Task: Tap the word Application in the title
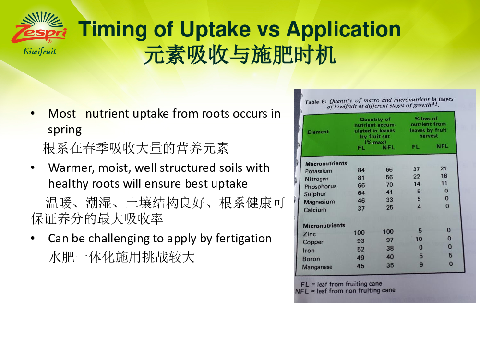point(343,30)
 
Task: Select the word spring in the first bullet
point(65,130)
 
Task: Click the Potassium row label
point(318,171)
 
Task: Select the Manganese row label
point(317,267)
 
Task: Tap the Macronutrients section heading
point(326,164)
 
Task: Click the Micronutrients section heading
point(324,226)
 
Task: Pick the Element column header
point(318,132)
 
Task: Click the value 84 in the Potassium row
point(361,170)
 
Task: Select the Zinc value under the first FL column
point(359,233)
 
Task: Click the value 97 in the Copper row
point(389,240)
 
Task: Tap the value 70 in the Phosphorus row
point(389,185)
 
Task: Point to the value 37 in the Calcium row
point(361,208)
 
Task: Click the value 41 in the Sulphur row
point(389,192)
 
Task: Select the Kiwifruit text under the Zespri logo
point(39,51)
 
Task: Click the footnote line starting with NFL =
point(345,291)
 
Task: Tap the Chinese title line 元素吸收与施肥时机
point(240,55)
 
